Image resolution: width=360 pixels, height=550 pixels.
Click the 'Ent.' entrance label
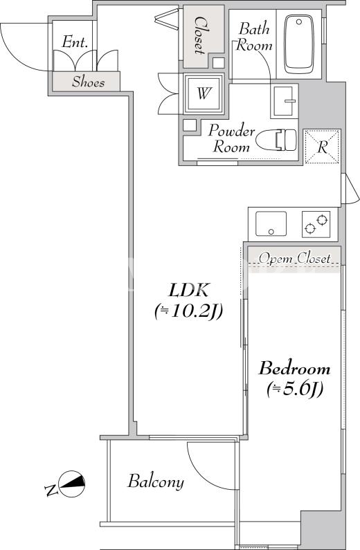click(x=74, y=42)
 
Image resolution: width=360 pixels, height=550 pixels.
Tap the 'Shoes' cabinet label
click(x=89, y=82)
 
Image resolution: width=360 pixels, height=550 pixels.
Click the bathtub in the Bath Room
click(x=298, y=44)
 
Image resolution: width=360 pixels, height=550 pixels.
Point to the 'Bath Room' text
click(x=254, y=37)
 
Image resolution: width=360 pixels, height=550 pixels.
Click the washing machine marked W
click(x=204, y=93)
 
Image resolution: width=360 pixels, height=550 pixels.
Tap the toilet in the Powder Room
click(x=276, y=140)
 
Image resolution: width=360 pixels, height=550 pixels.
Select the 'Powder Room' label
click(x=231, y=138)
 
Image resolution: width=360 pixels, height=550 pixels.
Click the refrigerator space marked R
click(x=322, y=147)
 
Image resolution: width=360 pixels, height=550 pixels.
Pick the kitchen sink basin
click(x=271, y=223)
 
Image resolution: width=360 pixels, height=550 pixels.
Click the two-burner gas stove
click(x=316, y=224)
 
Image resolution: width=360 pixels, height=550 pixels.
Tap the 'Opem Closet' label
click(x=295, y=259)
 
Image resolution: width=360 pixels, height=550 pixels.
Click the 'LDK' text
click(x=189, y=290)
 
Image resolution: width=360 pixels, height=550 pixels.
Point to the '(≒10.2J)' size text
click(x=189, y=311)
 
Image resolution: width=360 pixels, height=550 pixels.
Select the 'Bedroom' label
click(x=294, y=369)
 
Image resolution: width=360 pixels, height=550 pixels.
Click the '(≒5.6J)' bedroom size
click(x=295, y=389)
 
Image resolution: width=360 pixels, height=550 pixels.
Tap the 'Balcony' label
click(x=156, y=482)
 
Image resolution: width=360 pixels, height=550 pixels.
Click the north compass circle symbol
click(x=72, y=484)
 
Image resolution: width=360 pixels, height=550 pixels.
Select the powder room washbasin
click(x=285, y=101)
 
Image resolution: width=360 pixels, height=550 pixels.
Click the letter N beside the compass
click(x=51, y=490)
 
